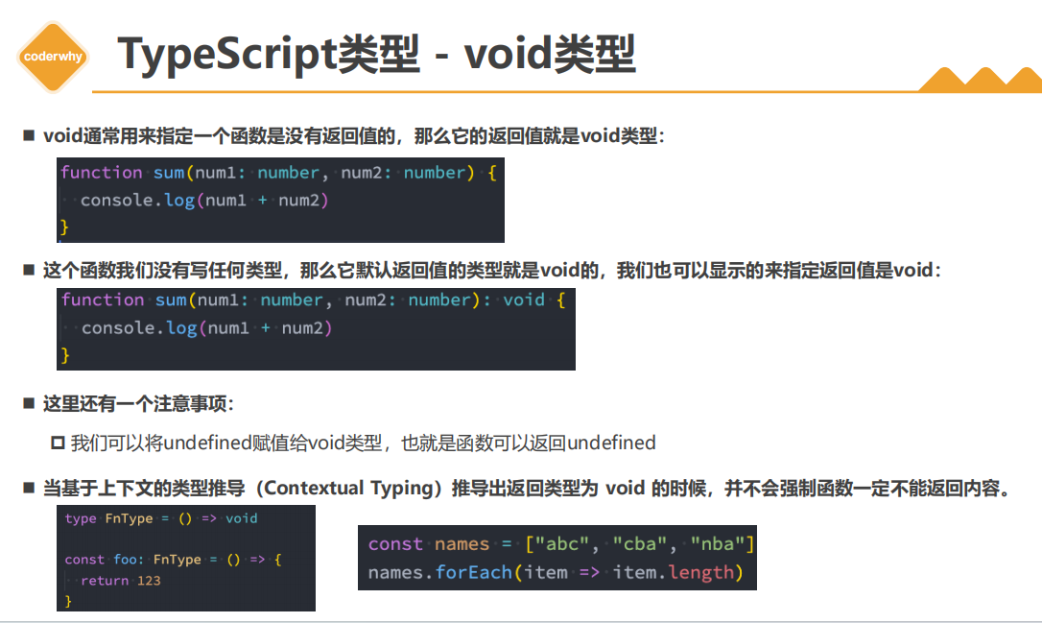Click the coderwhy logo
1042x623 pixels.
coord(54,57)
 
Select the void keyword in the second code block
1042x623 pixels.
coord(524,300)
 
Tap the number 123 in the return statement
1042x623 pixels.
coord(149,581)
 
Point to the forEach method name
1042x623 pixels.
coord(469,573)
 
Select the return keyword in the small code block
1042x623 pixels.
coord(105,581)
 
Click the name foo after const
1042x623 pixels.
coord(124,560)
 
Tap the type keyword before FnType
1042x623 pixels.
coord(81,518)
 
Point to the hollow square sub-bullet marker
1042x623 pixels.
coord(57,443)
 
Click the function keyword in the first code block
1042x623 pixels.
coord(101,173)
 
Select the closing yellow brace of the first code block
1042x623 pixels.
coord(65,228)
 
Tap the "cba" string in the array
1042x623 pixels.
coord(641,544)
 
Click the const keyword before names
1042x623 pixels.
coord(395,544)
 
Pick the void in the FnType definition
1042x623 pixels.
coord(242,518)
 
